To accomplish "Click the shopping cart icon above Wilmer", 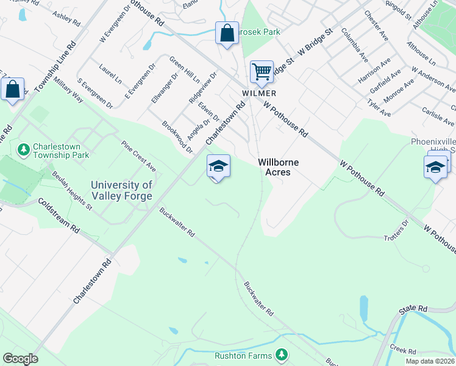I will coord(262,71).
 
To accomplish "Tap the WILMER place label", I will coord(259,93).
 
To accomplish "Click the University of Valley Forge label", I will coord(122,190).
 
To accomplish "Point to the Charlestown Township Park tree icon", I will coord(24,149).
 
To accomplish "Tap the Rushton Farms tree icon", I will coord(281,354).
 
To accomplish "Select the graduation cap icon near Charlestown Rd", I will coord(218,166).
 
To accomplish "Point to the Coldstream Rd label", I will coord(59,215).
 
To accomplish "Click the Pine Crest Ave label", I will coord(138,156).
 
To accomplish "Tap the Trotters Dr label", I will coord(395,232).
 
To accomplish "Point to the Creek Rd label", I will coord(404,351).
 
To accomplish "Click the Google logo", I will coord(20,359).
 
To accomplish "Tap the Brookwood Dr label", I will coord(177,138).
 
